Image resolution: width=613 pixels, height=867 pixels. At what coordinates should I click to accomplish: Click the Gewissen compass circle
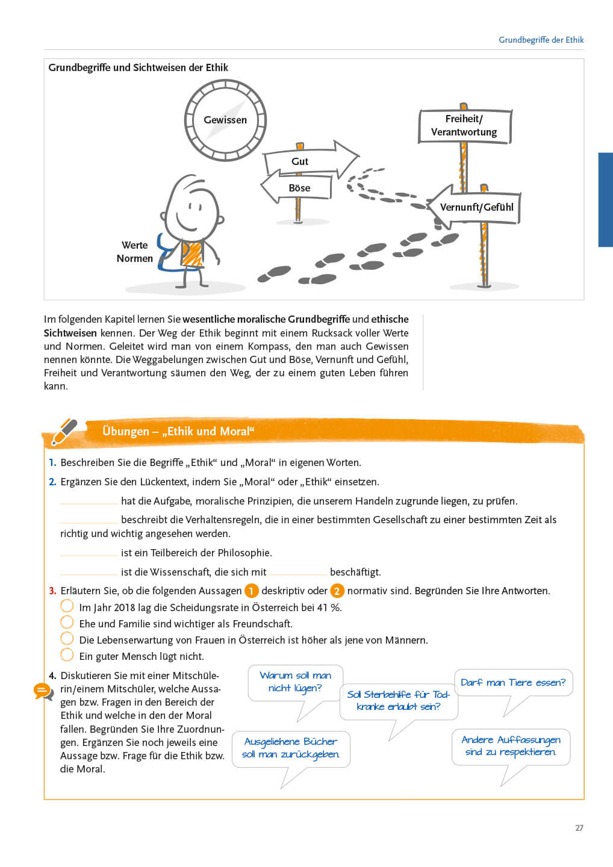[225, 120]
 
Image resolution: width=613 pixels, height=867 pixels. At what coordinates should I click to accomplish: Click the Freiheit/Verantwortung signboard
[464, 126]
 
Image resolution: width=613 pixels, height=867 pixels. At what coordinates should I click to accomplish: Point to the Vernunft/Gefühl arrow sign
[476, 207]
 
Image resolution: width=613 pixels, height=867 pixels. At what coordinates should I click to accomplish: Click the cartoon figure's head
[193, 208]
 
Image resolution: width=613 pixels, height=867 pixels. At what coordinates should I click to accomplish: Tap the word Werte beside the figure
[134, 245]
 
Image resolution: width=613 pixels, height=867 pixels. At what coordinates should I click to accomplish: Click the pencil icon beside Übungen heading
[64, 432]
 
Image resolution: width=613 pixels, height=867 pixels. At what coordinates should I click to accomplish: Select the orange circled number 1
[251, 591]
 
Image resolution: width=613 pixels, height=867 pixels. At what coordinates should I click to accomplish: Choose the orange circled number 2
[337, 591]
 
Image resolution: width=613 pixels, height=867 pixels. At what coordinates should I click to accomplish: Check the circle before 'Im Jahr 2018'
[67, 606]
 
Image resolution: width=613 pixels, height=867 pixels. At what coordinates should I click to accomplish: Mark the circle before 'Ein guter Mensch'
[67, 655]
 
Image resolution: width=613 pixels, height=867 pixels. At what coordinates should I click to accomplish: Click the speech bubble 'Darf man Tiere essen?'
[513, 683]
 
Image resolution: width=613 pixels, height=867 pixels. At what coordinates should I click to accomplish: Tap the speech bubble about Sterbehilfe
[399, 701]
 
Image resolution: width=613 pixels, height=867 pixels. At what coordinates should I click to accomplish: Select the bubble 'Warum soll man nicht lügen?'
[295, 682]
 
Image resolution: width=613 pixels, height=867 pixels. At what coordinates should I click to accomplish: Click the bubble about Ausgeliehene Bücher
[291, 748]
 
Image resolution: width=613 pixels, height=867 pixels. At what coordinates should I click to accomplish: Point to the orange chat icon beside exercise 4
[43, 691]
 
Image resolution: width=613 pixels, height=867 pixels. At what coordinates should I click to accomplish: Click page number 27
[579, 828]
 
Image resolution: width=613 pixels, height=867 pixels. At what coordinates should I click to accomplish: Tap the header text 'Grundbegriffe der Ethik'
[541, 40]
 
